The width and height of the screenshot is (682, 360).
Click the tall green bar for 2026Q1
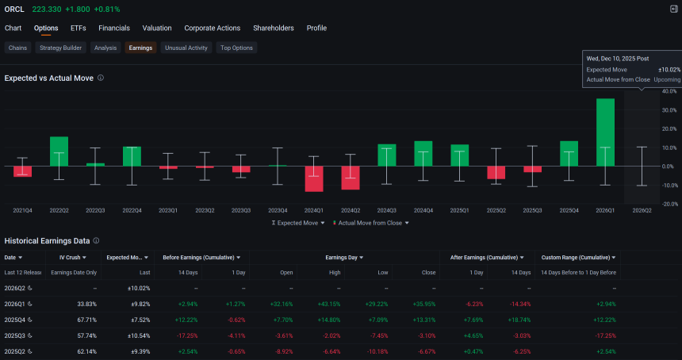click(605, 132)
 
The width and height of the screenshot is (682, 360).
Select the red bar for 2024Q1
click(314, 178)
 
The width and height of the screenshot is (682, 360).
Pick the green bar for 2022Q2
click(59, 151)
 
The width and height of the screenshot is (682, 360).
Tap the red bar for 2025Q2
click(496, 173)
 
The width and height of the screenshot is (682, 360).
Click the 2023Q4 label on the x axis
click(278, 210)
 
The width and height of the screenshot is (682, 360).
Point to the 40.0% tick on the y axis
click(669, 91)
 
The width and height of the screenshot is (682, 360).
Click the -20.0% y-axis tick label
click(669, 204)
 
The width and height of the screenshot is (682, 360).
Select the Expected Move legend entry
click(298, 223)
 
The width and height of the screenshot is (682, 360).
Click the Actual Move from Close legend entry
click(371, 223)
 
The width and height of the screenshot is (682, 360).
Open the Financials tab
click(114, 29)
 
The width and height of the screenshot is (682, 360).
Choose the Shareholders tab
click(273, 29)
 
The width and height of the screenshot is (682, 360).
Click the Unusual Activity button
click(186, 48)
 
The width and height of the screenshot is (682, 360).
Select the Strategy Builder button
click(60, 48)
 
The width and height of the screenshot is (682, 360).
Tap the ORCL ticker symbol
click(14, 10)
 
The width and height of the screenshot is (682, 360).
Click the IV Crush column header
click(70, 258)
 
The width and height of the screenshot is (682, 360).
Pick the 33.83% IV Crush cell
click(87, 304)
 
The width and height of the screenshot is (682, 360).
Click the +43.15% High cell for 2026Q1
click(330, 304)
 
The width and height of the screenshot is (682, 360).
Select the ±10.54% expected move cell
click(139, 335)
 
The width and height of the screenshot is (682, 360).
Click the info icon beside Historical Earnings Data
click(96, 241)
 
